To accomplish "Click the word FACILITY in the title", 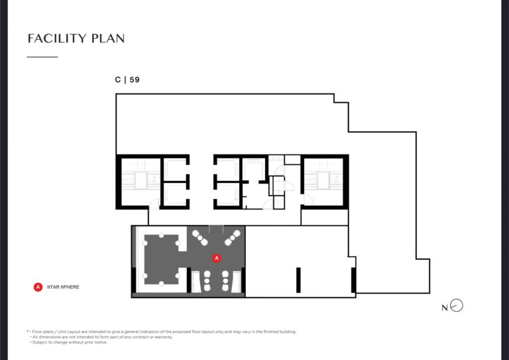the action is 58,38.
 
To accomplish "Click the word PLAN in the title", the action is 108,38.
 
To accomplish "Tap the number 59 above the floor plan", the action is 135,80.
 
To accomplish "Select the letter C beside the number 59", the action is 118,80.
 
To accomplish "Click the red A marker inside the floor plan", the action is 217,258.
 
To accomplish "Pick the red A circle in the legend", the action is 38,287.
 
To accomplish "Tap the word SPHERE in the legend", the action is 69,287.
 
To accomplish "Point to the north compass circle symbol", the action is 457,306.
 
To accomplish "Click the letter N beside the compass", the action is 445,308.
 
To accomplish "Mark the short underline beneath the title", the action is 42,57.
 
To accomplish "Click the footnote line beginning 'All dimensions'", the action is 101,337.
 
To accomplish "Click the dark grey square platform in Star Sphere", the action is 161,259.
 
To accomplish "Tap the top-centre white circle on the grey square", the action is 161,235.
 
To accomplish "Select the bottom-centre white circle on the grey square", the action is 161,284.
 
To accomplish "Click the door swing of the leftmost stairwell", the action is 154,204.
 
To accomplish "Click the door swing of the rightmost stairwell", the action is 308,200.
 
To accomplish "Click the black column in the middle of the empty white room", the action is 298,280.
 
